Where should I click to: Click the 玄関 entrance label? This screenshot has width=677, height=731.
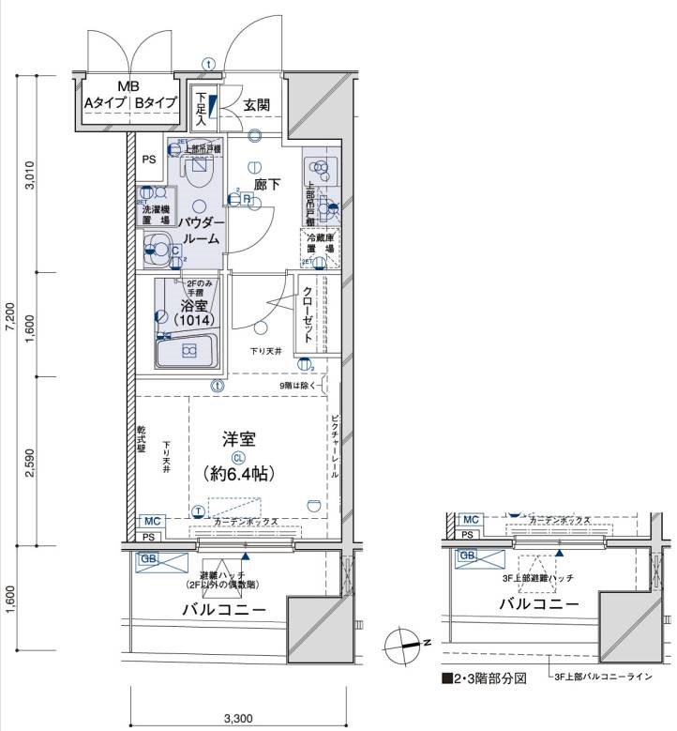tap(257, 105)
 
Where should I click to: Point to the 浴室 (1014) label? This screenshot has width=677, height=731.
tap(188, 312)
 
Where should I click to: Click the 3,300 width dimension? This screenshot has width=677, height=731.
tap(239, 720)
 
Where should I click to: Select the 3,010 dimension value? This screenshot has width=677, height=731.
tap(30, 175)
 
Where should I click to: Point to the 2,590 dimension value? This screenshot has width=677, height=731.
tap(30, 461)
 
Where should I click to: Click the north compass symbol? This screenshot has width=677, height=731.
tap(405, 644)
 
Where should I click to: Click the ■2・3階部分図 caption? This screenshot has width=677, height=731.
tap(486, 677)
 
